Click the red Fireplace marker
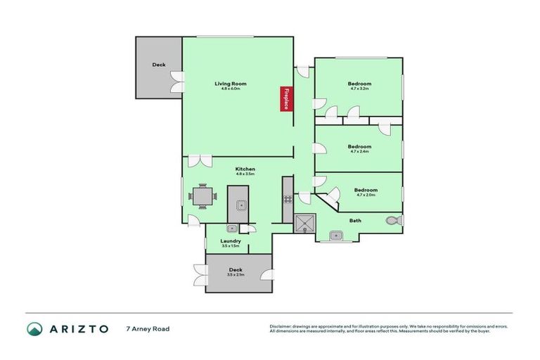(x=286, y=98)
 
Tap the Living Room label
(x=227, y=84)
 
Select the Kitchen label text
(x=245, y=169)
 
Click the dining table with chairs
(x=202, y=195)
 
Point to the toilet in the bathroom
(x=394, y=221)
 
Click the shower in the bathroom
(x=305, y=224)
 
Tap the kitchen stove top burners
(x=287, y=199)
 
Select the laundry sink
(x=231, y=228)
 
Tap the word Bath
(x=356, y=221)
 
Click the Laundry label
(x=231, y=241)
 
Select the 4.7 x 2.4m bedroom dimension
(x=359, y=151)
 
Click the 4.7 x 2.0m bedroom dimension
(x=365, y=195)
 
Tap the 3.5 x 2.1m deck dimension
(x=236, y=274)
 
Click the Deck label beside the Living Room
(x=159, y=65)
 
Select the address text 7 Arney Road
(x=148, y=328)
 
